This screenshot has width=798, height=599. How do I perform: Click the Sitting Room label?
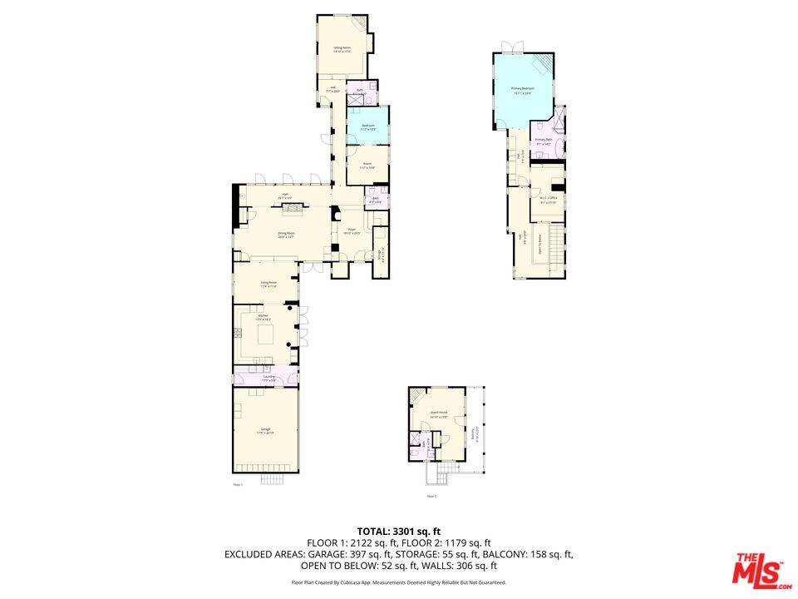[342, 49]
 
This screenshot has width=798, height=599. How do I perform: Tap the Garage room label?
[264, 429]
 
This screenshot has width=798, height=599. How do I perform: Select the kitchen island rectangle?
[266, 334]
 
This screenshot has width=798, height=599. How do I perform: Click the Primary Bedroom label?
[522, 88]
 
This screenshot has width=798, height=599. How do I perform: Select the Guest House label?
[439, 413]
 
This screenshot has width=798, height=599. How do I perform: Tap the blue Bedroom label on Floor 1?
[367, 126]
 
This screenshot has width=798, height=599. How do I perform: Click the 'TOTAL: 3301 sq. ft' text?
[399, 530]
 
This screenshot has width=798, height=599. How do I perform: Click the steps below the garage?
[273, 480]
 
